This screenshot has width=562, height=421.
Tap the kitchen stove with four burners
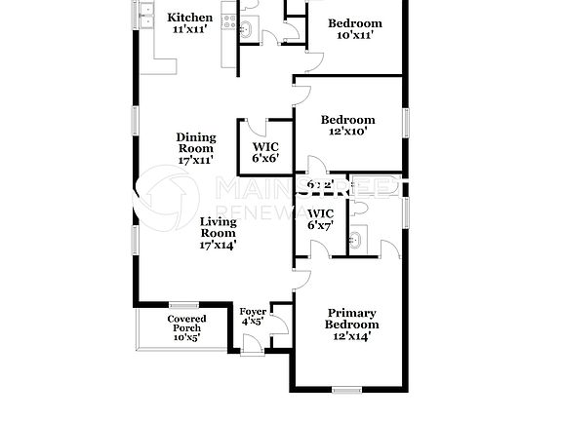(229, 15)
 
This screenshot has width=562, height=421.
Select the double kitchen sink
(148, 14)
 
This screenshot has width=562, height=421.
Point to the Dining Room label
(196, 142)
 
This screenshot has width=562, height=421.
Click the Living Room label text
(218, 227)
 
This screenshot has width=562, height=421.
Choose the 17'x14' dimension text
(218, 246)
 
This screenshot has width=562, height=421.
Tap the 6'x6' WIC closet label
(265, 151)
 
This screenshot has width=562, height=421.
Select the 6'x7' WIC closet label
(320, 219)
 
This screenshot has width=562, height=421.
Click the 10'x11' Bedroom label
(354, 29)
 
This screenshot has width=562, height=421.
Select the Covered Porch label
(185, 328)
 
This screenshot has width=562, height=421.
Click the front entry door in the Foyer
(252, 343)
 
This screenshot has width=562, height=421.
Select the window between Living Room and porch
(183, 304)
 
